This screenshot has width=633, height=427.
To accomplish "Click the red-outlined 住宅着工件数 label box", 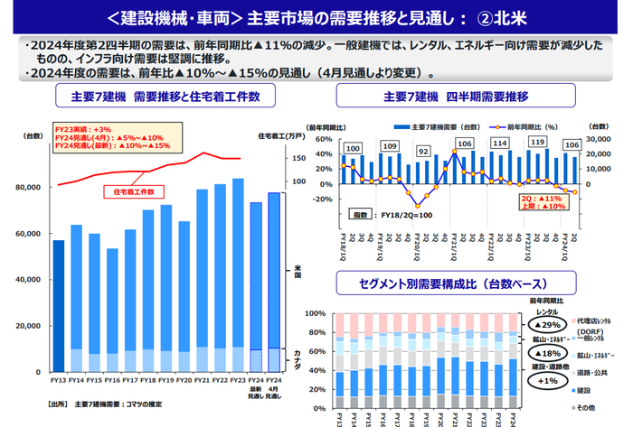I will pos(133,192).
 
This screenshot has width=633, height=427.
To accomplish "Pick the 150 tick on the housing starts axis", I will pos(298,158).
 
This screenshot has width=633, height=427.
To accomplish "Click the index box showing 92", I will pos(422,152).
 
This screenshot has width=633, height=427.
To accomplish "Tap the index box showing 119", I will pos(537,143).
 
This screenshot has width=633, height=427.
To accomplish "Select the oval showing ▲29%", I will pos(551,323).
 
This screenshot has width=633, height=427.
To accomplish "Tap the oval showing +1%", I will pos(549,381).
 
